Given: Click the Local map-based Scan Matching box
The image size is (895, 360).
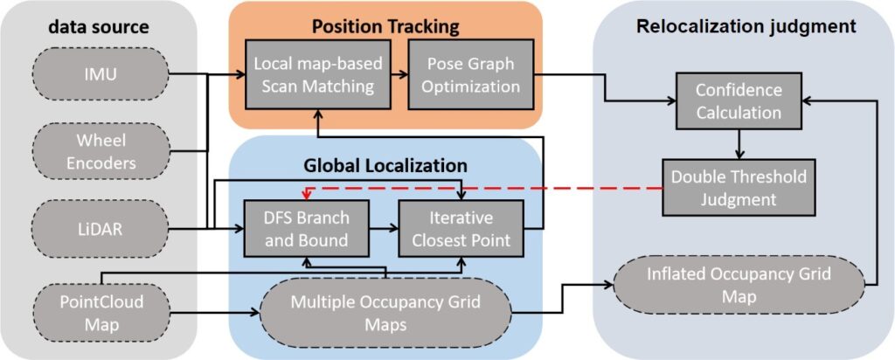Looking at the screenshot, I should tap(314, 75).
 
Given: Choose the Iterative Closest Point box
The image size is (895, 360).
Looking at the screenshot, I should tap(460, 229).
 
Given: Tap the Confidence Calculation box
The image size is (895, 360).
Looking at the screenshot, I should tap(738, 100).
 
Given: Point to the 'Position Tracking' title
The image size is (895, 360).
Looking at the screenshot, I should tap(385, 26).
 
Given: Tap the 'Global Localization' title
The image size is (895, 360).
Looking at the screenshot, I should tap(385, 164).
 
